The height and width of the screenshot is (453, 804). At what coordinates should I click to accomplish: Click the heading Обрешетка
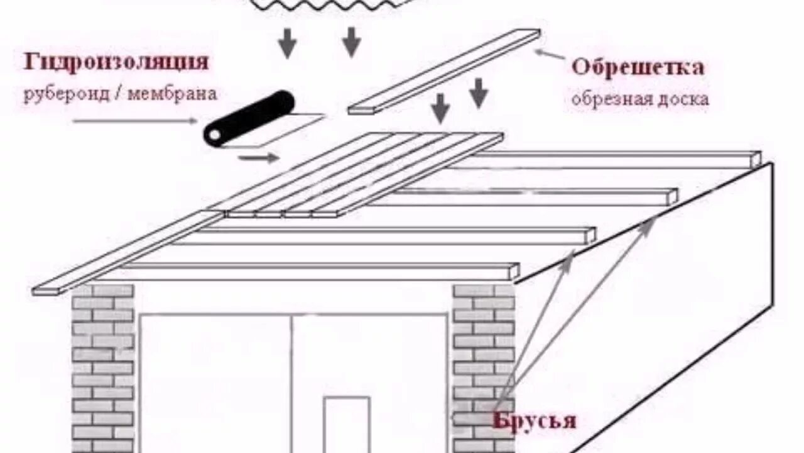click(x=637, y=67)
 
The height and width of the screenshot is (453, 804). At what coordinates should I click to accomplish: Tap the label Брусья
click(x=534, y=420)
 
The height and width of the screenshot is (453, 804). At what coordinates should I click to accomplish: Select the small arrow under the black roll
click(x=258, y=157)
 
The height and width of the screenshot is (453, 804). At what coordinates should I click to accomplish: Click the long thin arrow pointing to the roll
click(x=134, y=120)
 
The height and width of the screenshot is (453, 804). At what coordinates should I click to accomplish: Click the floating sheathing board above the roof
click(x=443, y=70)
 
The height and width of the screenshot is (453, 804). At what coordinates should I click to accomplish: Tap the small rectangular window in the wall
click(x=347, y=424)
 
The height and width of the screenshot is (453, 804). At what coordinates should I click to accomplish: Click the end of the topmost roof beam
click(x=756, y=159)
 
